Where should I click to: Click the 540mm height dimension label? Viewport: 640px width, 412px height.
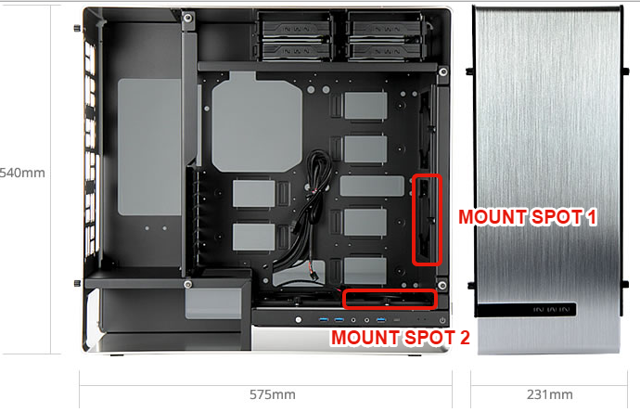click(22, 173)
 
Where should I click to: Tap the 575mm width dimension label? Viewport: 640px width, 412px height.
click(273, 394)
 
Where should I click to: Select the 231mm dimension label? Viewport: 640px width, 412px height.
click(549, 394)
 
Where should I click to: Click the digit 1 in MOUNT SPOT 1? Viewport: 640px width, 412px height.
click(591, 217)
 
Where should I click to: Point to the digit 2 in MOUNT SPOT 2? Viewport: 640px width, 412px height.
click(465, 338)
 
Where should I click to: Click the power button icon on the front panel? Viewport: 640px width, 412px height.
click(442, 320)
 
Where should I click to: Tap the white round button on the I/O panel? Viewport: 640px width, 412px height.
click(299, 320)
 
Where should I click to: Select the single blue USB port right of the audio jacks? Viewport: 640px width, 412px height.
click(381, 320)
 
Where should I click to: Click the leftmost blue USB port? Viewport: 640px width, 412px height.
click(324, 319)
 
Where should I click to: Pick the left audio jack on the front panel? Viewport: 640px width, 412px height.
click(353, 320)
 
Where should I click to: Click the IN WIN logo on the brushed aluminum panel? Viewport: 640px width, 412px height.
click(551, 310)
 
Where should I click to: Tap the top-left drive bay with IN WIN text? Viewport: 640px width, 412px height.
click(296, 29)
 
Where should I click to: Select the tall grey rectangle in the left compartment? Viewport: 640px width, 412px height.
click(149, 147)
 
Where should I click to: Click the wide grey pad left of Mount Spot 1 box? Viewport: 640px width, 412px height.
click(372, 186)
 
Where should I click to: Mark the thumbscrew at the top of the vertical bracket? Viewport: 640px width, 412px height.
click(187, 18)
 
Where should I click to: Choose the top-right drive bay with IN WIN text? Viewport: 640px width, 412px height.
click(386, 29)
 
